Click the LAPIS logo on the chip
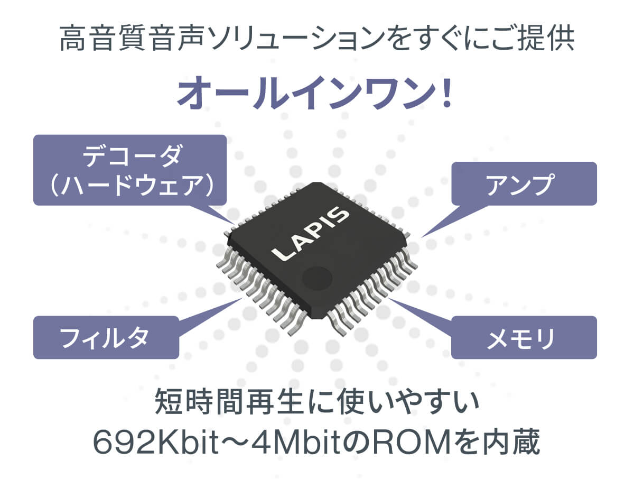[311, 234]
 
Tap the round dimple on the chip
[317, 278]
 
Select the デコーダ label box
[130, 170]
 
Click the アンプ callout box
[524, 184]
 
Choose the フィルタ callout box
[106, 337]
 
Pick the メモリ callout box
[524, 337]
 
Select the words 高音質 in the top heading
[102, 38]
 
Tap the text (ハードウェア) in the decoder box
[132, 185]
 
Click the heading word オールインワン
[306, 93]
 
